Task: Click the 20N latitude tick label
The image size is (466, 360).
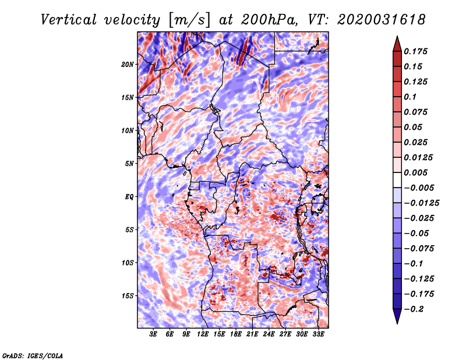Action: pos(127,64)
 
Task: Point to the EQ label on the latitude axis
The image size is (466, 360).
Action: pos(129,196)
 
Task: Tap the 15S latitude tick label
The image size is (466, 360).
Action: pos(127,296)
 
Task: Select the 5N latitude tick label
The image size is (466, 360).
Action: pos(129,164)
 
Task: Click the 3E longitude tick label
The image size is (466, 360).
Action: pos(153,334)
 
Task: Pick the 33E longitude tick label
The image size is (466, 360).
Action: pos(318,334)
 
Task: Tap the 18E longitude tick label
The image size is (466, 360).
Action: pos(236,334)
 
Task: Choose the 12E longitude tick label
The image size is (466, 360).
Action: pos(203,334)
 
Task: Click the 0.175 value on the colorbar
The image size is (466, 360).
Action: pos(415,51)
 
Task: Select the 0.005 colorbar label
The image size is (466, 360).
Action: pos(415,172)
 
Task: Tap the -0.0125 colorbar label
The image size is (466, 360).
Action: pos(421,203)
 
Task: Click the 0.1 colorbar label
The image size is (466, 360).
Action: pos(410,97)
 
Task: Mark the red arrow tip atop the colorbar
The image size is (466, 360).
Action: pos(397,37)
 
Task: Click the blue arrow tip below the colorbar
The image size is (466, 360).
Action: pos(397,323)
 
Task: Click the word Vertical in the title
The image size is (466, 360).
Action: pos(69,20)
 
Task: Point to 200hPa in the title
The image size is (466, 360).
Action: pos(269,20)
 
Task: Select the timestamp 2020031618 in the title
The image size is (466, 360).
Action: pos(382,20)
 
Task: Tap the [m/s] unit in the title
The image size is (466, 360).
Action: pos(189,20)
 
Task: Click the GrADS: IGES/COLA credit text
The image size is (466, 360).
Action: pos(33,355)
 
